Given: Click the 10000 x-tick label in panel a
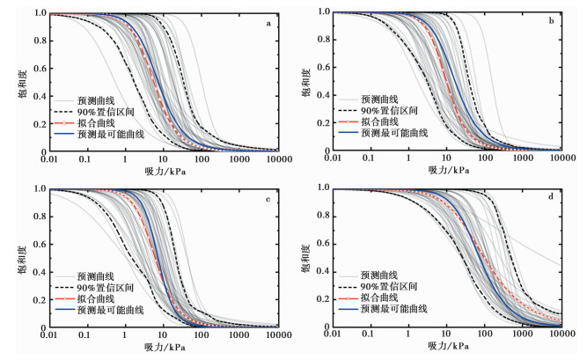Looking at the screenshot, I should (276, 159).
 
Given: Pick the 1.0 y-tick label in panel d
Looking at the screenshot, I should (322, 188).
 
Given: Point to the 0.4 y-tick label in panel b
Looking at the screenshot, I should (322, 96).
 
